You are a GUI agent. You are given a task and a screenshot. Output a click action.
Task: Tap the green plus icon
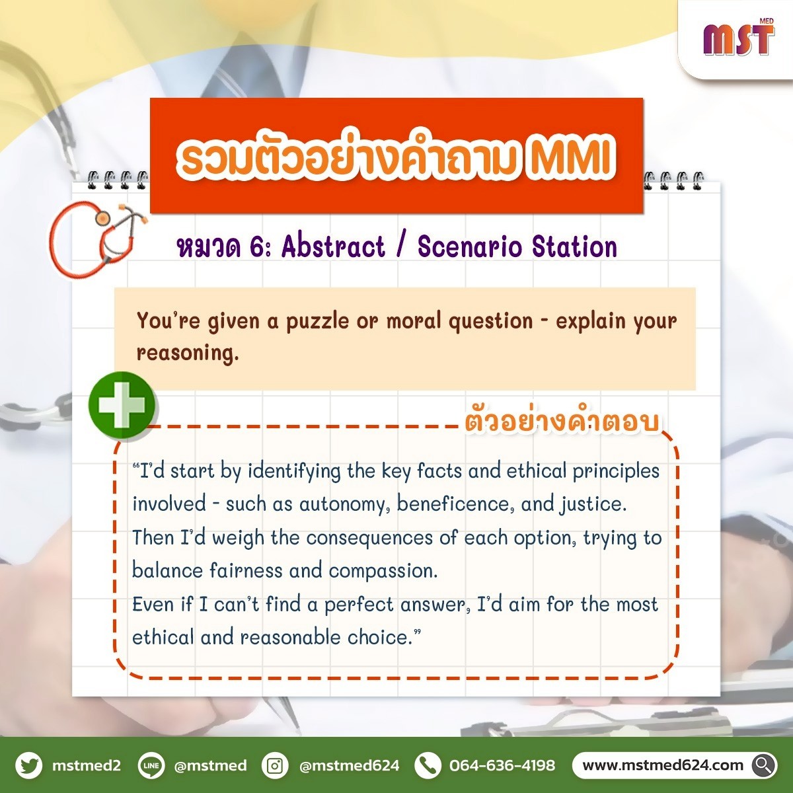coord(122,405)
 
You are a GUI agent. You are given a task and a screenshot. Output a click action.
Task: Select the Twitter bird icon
coord(29,765)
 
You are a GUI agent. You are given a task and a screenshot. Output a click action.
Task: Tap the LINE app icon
coord(151,765)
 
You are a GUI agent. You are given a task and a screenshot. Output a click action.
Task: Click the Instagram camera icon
coord(274,765)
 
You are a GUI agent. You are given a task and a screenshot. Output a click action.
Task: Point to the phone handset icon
coord(428,765)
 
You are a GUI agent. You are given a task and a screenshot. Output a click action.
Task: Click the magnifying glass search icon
coord(764,765)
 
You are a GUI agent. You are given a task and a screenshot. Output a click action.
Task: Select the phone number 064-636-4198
coord(502,765)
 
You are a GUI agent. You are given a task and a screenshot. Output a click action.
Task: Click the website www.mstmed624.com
coord(663,765)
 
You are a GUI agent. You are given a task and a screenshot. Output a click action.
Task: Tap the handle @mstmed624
coord(350,765)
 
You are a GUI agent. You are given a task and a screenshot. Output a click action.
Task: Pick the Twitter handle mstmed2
coord(87,765)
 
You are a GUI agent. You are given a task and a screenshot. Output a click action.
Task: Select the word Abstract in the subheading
coord(333,246)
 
